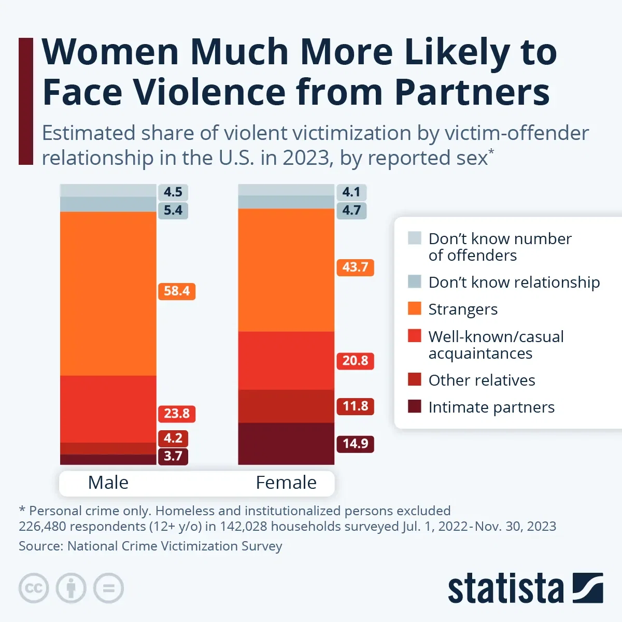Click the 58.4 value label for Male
(x=176, y=291)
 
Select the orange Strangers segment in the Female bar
(x=286, y=270)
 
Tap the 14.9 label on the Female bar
(x=355, y=444)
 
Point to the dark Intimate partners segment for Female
(x=286, y=444)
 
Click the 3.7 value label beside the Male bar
(x=173, y=456)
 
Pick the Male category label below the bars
(x=108, y=483)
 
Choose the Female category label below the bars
(x=286, y=483)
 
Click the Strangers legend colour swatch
(x=415, y=308)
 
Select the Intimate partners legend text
(x=491, y=407)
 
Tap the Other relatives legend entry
(x=482, y=380)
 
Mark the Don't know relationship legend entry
(x=514, y=282)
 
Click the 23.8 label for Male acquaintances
(x=176, y=414)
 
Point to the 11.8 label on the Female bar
(x=355, y=406)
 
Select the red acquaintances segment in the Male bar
(x=108, y=408)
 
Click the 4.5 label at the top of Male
(x=173, y=192)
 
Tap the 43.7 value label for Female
(x=355, y=267)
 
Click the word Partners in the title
(x=472, y=92)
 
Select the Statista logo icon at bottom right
(x=587, y=588)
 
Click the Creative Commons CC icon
(x=34, y=588)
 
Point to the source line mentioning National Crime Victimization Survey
(x=150, y=546)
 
